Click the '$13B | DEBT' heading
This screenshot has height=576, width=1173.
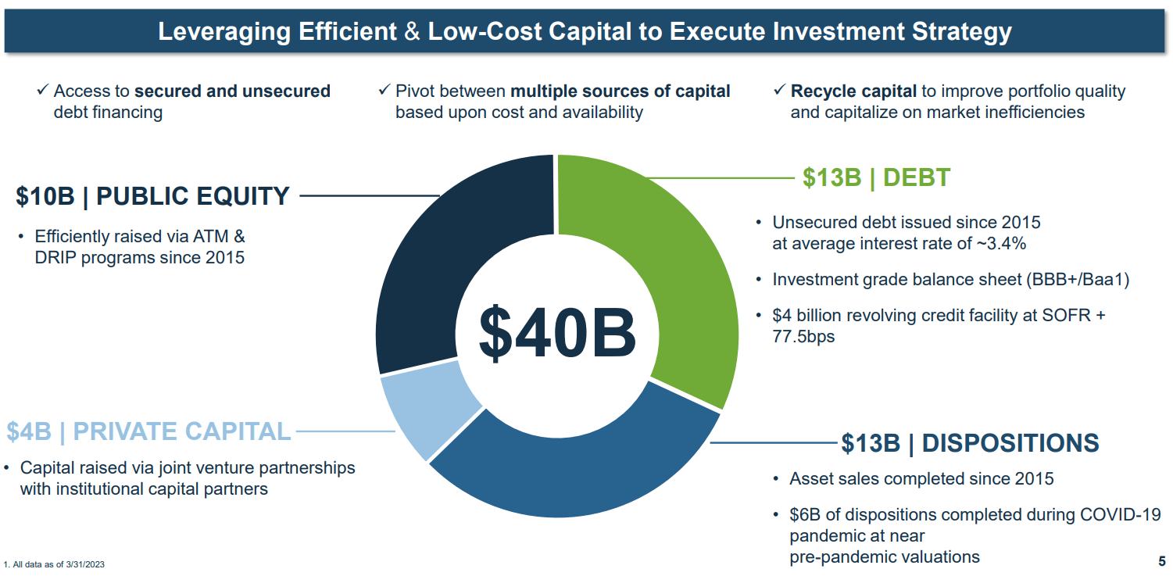(x=876, y=178)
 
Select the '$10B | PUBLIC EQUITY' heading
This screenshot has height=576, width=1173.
(x=152, y=196)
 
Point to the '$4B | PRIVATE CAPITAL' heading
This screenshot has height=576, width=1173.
(x=148, y=431)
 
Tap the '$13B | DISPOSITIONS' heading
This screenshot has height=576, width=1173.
(x=970, y=443)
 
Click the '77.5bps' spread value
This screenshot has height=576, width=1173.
(x=803, y=338)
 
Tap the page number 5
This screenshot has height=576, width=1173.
(x=1161, y=561)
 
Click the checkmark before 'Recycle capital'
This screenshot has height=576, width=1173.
(x=779, y=91)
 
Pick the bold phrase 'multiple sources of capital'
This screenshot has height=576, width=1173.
(x=620, y=91)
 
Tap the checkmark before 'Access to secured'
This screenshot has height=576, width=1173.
(x=43, y=91)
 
